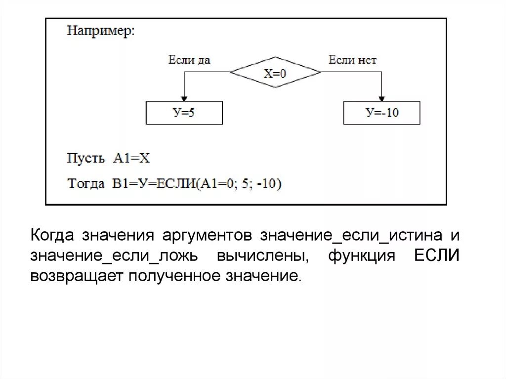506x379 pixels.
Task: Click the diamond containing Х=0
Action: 275,73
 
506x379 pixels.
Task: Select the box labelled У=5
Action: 184,113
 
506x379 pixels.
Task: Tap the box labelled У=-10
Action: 381,113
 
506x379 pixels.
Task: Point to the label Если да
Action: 189,60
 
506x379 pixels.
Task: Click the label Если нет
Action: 352,60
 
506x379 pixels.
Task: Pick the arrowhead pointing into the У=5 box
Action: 184,98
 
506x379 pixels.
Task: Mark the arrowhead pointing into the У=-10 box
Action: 381,98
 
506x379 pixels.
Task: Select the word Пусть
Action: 86,159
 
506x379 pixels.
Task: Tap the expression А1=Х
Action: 131,159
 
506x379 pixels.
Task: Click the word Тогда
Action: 86,184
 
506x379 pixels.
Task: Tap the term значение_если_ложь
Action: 114,256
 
